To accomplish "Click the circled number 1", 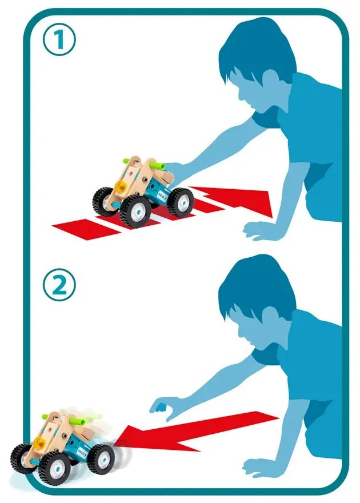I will (60, 41).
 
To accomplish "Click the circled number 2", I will (60, 285).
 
